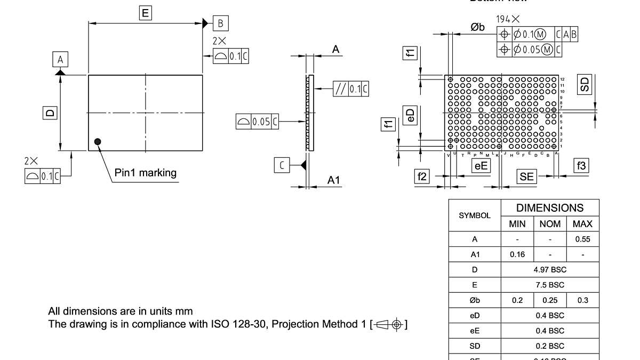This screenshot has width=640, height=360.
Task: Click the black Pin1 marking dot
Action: (98, 141)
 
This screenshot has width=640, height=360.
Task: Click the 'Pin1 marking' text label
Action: (145, 173)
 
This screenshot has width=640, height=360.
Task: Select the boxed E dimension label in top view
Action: (145, 13)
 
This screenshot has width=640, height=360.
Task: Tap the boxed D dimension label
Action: (50, 113)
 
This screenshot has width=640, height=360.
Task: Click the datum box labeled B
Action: (221, 23)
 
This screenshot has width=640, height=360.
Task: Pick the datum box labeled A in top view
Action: (60, 59)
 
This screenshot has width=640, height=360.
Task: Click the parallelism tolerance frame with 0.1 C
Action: (350, 89)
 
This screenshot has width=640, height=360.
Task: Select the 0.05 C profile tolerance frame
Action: (257, 122)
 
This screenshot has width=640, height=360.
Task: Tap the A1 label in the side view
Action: (333, 181)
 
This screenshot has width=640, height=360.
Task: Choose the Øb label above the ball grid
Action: (477, 27)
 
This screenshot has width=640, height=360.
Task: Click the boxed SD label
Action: (585, 84)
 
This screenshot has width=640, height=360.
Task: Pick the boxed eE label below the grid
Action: (481, 166)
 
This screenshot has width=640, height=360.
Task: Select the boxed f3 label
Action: (581, 166)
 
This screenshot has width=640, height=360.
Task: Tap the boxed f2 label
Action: (422, 177)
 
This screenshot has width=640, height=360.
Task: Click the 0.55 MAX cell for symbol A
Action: (582, 239)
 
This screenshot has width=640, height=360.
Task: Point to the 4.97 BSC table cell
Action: (550, 270)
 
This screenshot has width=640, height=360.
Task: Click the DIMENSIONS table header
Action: (550, 208)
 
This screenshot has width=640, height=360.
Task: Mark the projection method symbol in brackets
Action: (389, 324)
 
